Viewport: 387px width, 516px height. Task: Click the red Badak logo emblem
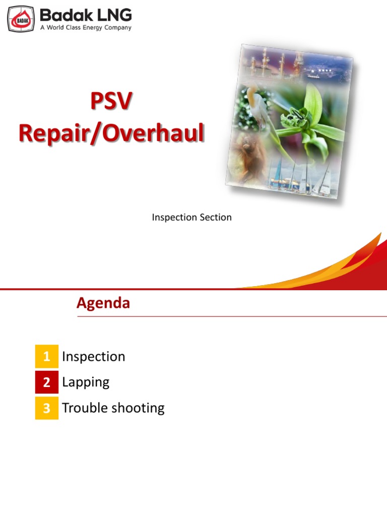(x=21, y=19)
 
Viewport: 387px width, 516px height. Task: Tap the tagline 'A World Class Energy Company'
(x=86, y=28)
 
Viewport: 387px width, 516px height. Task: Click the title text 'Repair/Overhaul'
(x=111, y=133)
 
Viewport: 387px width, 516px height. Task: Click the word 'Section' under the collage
(x=215, y=218)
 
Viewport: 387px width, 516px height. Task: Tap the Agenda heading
(x=103, y=303)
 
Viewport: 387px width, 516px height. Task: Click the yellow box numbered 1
(x=47, y=357)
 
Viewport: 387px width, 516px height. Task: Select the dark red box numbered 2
(x=47, y=382)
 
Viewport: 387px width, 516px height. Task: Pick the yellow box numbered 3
(x=47, y=408)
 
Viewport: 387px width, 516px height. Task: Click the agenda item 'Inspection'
(x=93, y=357)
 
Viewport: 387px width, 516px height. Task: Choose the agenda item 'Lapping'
(x=86, y=382)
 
